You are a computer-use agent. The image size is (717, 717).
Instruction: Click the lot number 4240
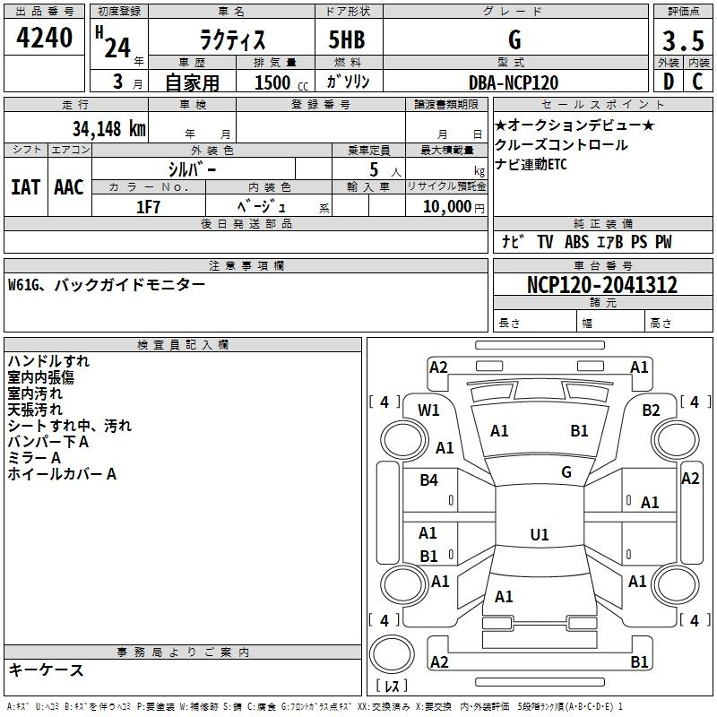click(x=44, y=37)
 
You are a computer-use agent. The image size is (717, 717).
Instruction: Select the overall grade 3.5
click(x=683, y=40)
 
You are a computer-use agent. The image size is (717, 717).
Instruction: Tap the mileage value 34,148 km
click(x=108, y=128)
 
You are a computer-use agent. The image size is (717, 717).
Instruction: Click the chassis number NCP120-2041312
click(x=602, y=284)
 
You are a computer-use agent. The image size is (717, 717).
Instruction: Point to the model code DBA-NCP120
click(x=514, y=82)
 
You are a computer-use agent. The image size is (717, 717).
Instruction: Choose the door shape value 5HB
click(x=347, y=39)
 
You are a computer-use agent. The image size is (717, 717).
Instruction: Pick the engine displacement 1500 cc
click(x=281, y=82)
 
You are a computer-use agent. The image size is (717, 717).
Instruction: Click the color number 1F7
click(x=148, y=207)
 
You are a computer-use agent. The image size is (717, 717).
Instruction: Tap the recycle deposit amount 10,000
click(x=447, y=207)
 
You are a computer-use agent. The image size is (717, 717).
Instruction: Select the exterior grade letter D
click(x=669, y=82)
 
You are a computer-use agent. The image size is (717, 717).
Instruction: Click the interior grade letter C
click(x=697, y=82)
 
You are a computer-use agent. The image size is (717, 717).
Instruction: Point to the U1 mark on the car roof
click(x=540, y=534)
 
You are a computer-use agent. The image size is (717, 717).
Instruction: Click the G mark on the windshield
click(x=566, y=471)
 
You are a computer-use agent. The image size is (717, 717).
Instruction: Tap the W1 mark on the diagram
click(x=428, y=410)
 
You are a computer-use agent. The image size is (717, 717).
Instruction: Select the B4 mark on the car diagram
click(x=429, y=479)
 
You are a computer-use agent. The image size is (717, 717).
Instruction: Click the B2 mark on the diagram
click(x=652, y=410)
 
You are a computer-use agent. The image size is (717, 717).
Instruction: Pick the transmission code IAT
click(x=25, y=187)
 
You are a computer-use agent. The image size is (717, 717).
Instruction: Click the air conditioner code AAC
click(x=69, y=187)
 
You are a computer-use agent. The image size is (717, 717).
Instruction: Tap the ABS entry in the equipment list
click(x=576, y=241)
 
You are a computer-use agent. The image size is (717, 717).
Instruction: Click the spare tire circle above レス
click(x=392, y=653)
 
